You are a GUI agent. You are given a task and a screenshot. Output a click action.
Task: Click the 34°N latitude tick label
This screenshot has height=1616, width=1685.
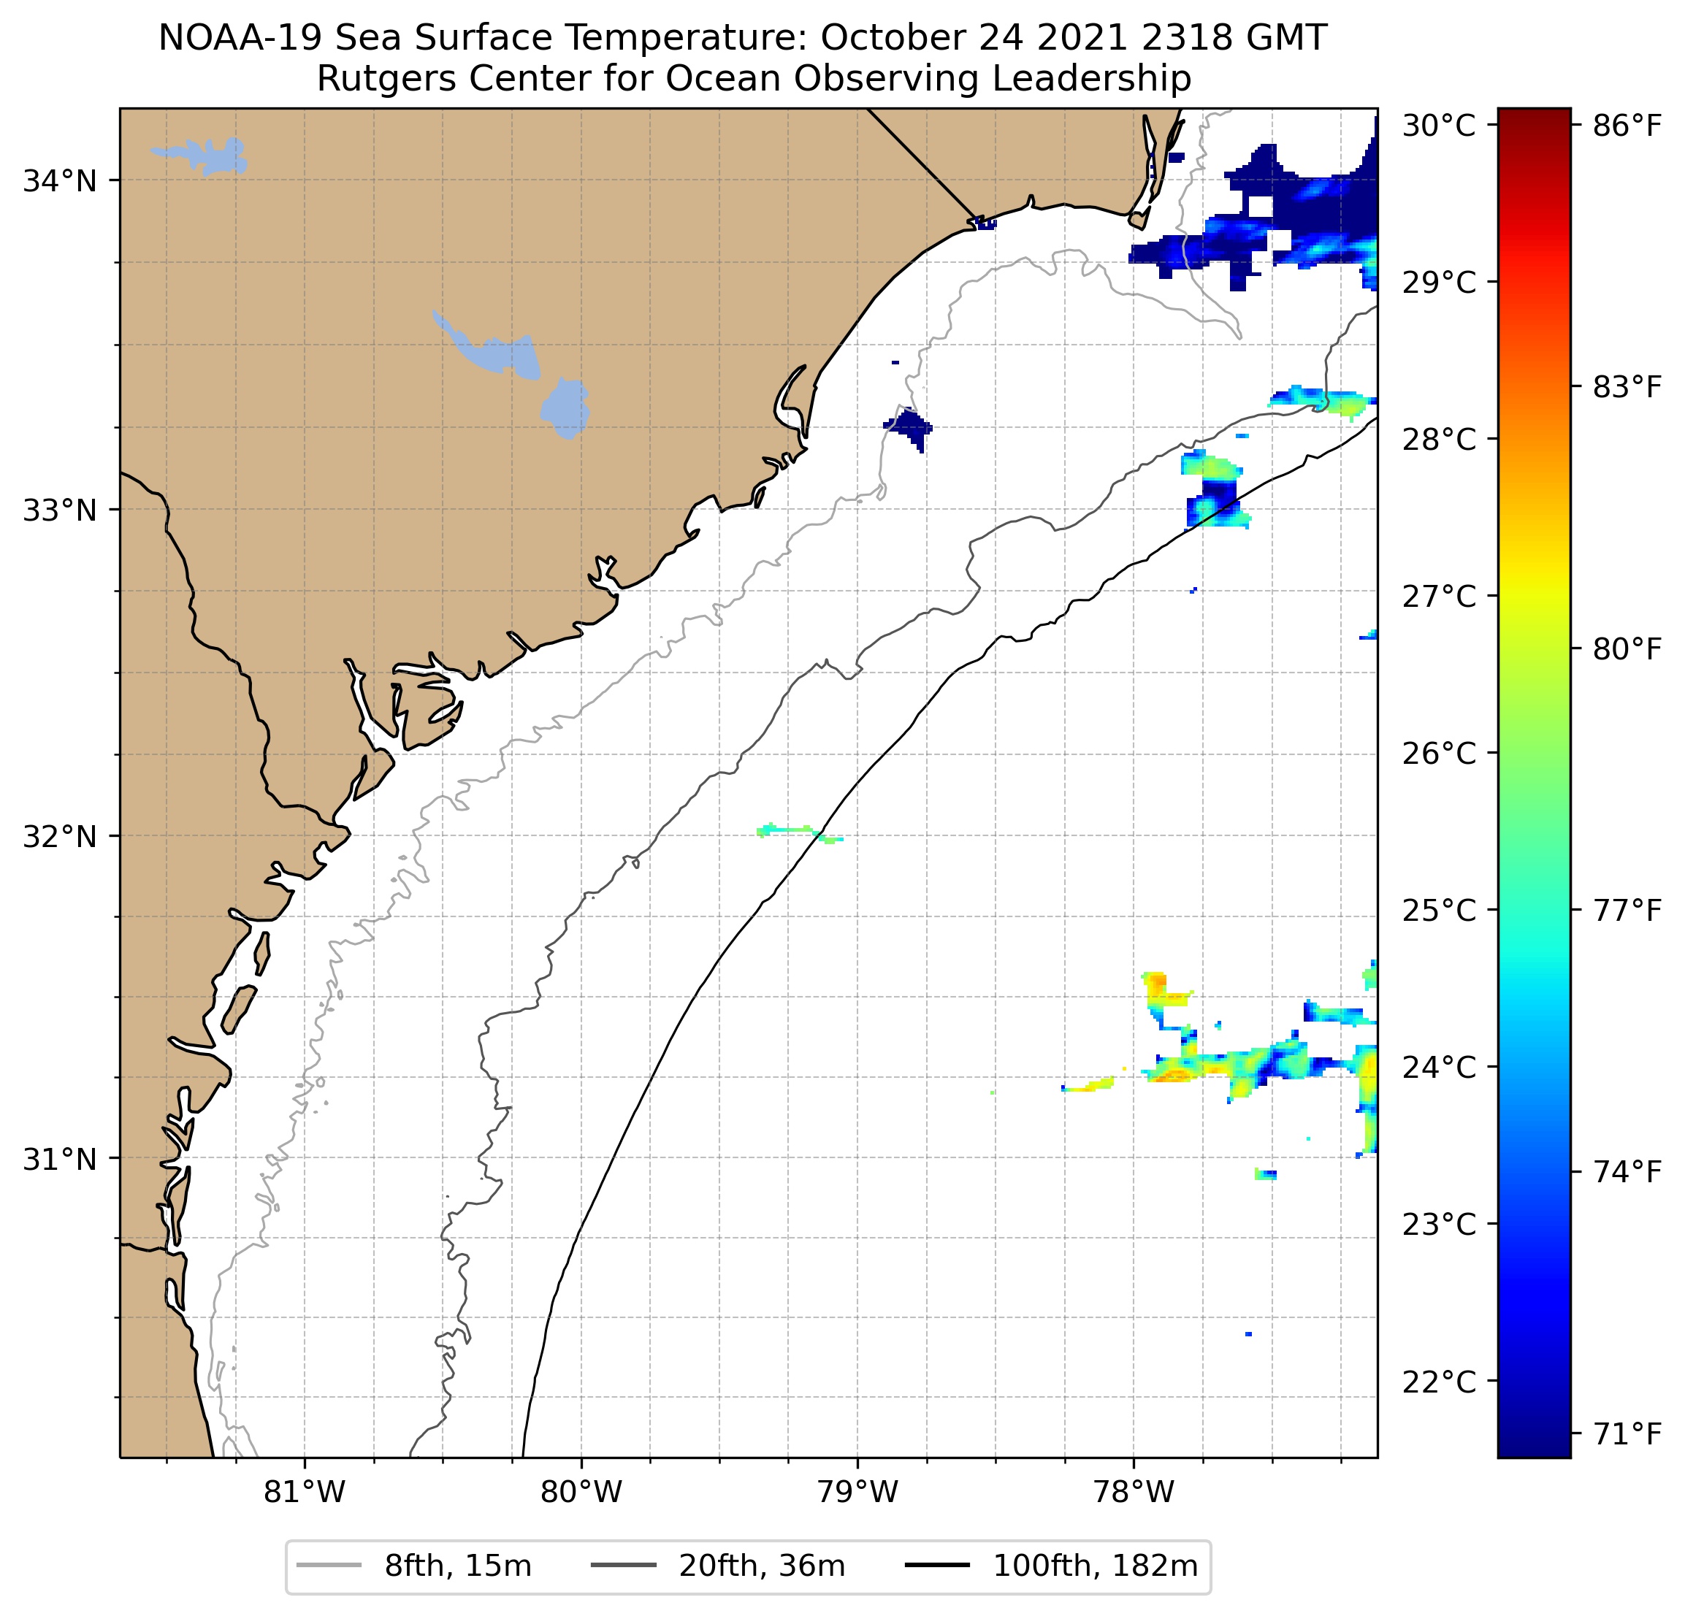click(59, 181)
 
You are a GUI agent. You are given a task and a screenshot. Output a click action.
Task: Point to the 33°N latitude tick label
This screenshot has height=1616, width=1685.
click(59, 510)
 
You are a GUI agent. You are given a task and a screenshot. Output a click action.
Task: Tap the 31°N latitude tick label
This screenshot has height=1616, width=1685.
click(59, 1160)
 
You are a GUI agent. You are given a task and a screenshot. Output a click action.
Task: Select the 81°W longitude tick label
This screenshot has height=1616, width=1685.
click(305, 1492)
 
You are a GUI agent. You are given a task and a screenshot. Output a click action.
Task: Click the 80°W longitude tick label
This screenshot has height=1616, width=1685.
click(581, 1492)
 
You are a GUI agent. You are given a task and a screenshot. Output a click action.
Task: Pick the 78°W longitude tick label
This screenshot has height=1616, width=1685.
click(1133, 1492)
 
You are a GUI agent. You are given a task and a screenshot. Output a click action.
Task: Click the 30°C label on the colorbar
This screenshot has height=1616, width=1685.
click(1438, 126)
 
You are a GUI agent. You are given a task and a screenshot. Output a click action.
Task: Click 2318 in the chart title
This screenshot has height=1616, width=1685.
click(1136, 39)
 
